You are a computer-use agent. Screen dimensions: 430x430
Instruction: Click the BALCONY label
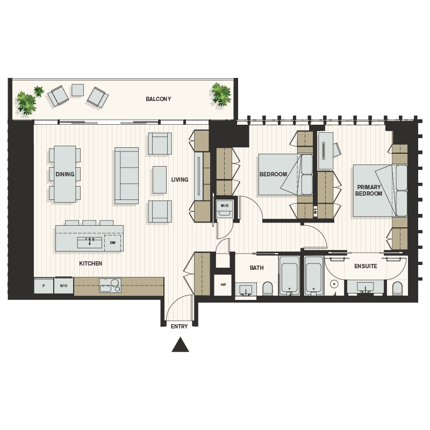pyautogui.click(x=158, y=99)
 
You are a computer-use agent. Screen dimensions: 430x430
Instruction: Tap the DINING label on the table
pyautogui.click(x=64, y=174)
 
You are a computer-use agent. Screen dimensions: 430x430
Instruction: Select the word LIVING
pyautogui.click(x=180, y=180)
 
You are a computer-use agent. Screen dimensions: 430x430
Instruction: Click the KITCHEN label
pyautogui.click(x=90, y=263)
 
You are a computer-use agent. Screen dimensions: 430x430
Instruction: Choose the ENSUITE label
pyautogui.click(x=365, y=266)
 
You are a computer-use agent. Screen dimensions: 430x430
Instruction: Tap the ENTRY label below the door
pyautogui.click(x=179, y=326)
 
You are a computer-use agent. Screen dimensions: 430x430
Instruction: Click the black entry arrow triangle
pyautogui.click(x=180, y=345)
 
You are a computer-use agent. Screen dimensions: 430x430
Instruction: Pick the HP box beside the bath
pyautogui.click(x=223, y=285)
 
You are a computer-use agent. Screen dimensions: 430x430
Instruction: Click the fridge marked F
pyautogui.click(x=44, y=285)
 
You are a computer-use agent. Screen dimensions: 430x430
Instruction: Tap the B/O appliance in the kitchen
pyautogui.click(x=63, y=285)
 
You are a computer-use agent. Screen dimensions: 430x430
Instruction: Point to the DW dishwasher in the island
pyautogui.click(x=112, y=242)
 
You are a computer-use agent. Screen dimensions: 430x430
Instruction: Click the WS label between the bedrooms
pyautogui.click(x=315, y=211)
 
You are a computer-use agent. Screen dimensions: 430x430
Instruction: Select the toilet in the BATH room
pyautogui.click(x=268, y=289)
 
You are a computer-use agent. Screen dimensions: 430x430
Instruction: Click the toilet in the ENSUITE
pyautogui.click(x=397, y=289)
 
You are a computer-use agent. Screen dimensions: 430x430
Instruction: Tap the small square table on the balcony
pyautogui.click(x=77, y=90)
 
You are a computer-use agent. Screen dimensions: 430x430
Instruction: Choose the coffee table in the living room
pyautogui.click(x=159, y=180)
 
